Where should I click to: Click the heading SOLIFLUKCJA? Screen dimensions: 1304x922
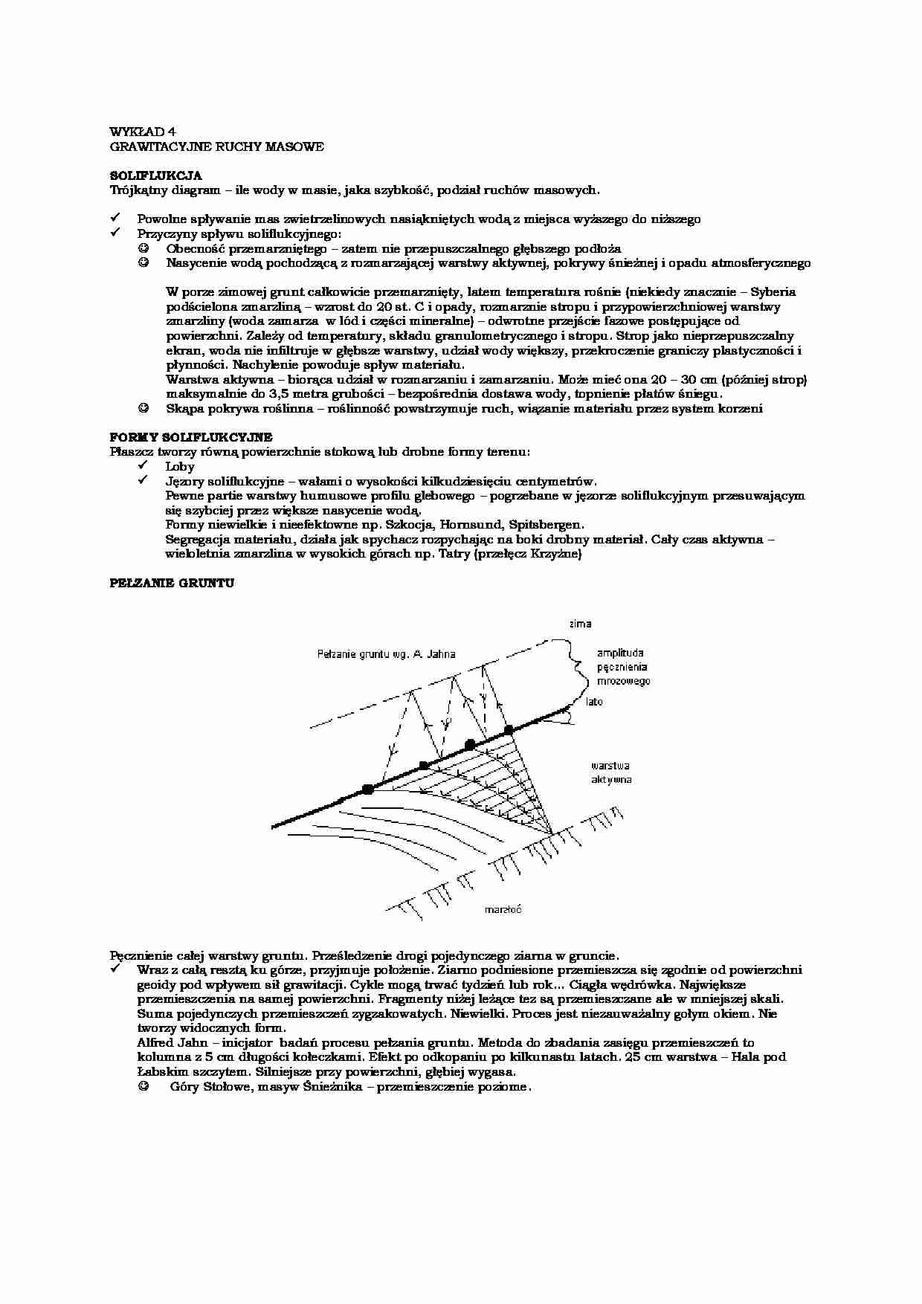155,176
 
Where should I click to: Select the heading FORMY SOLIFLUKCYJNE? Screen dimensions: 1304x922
191,437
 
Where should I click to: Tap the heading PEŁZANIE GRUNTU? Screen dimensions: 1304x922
172,584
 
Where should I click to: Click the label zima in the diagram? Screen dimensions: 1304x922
580,624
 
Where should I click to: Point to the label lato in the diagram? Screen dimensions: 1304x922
593,701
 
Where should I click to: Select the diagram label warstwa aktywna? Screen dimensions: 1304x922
611,772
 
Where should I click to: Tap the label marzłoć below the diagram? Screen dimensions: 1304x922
503,908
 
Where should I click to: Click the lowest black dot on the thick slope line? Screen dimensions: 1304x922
367,790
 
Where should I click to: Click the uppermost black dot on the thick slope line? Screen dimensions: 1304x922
509,730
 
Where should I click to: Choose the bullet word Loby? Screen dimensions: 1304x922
180,467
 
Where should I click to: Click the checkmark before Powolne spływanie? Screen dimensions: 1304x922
115,219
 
